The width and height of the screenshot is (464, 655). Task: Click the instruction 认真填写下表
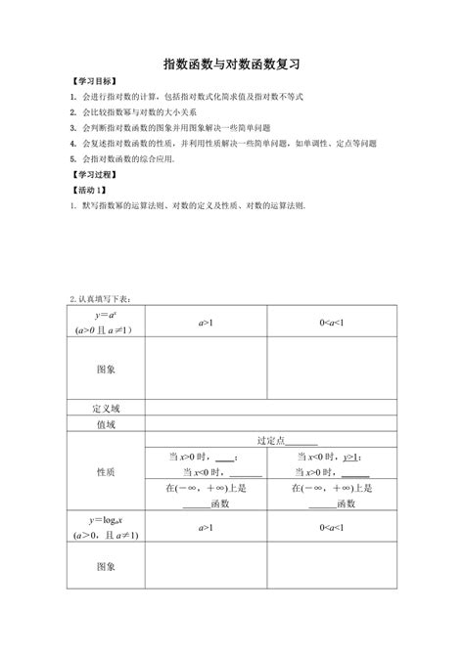pyautogui.click(x=104, y=298)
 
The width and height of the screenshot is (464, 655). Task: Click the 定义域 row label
pyautogui.click(x=107, y=409)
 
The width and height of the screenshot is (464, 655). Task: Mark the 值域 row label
pyautogui.click(x=107, y=425)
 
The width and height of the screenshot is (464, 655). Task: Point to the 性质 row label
pyautogui.click(x=107, y=472)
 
